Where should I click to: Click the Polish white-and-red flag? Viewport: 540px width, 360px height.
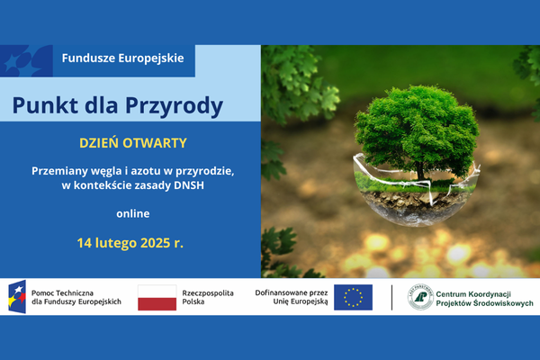tap(157, 297)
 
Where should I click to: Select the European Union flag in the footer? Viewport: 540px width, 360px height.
tap(353, 297)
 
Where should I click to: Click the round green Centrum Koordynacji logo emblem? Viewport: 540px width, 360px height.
tap(420, 297)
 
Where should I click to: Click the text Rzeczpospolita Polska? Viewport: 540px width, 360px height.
tap(208, 297)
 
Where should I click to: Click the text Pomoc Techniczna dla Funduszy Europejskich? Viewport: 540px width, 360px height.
tap(76, 297)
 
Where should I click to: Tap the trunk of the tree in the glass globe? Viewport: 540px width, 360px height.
tap(419, 170)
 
